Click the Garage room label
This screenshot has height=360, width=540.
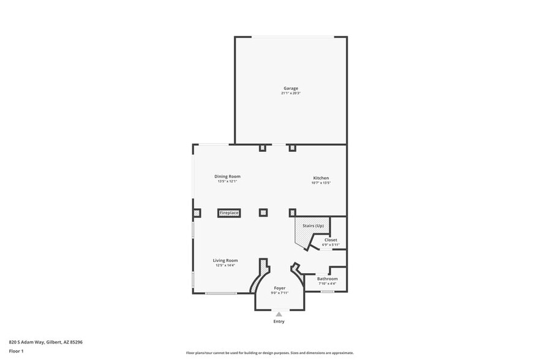(x=291, y=88)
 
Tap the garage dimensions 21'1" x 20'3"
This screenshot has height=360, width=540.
(x=291, y=93)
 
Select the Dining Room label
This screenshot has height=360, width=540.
(x=227, y=176)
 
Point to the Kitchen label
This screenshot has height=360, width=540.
(x=321, y=178)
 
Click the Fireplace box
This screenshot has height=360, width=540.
(x=230, y=213)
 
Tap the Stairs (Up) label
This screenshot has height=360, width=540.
(x=313, y=226)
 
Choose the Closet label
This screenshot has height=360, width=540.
(x=331, y=240)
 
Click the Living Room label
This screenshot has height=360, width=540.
(x=225, y=260)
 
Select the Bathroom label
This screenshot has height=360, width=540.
(x=328, y=279)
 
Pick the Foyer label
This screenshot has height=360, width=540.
(x=280, y=288)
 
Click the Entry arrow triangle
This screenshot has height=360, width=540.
(x=279, y=314)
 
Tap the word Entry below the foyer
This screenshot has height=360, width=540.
(x=279, y=321)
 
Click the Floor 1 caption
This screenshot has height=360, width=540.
(x=16, y=351)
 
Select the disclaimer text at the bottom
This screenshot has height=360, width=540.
(x=269, y=353)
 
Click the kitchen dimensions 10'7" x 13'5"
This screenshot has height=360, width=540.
(x=321, y=182)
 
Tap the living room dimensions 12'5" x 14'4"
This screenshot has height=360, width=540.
(x=225, y=265)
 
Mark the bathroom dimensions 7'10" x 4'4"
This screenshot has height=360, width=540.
(x=328, y=283)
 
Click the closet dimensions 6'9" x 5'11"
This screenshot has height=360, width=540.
(x=331, y=245)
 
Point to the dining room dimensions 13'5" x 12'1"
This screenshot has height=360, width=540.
(x=227, y=181)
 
